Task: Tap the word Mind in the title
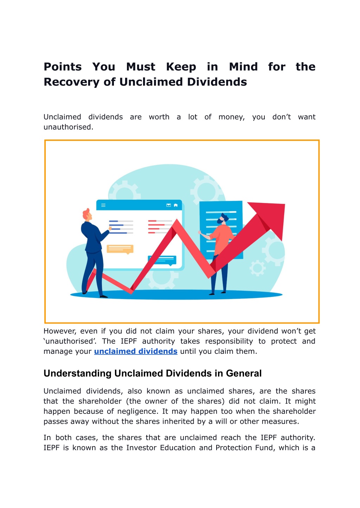click(243, 67)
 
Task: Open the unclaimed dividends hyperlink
click(136, 351)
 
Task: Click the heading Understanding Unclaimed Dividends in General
click(153, 373)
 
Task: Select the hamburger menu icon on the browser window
click(103, 205)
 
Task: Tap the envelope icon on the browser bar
click(168, 205)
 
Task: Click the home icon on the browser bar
click(176, 205)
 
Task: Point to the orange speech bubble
click(120, 249)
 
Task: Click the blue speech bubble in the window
click(162, 261)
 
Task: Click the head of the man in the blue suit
click(87, 214)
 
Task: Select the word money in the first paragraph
click(232, 117)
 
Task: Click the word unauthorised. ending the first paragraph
click(68, 127)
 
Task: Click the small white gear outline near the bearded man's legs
click(257, 268)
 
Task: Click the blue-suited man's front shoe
click(103, 296)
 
